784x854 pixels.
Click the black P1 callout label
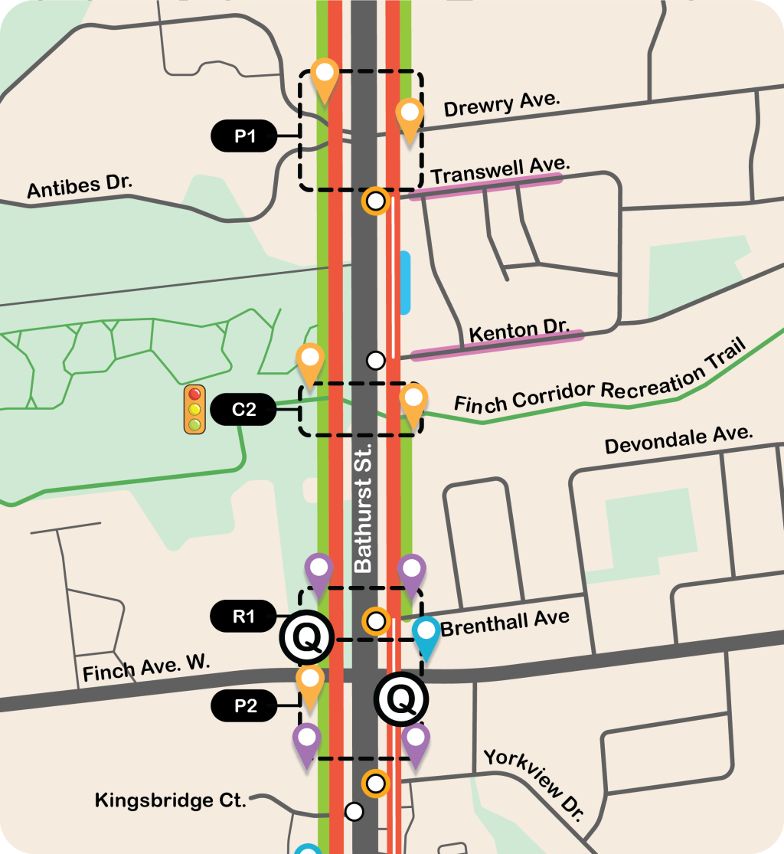(x=244, y=136)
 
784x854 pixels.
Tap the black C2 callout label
(x=244, y=411)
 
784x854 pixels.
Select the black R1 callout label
(x=244, y=614)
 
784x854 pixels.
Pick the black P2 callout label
(x=245, y=706)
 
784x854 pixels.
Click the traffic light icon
(x=195, y=410)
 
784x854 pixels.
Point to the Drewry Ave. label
(x=502, y=105)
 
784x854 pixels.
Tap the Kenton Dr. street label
(x=519, y=332)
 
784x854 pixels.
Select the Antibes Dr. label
(x=80, y=186)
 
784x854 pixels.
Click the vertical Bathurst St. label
(x=363, y=506)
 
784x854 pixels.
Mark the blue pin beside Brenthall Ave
(x=426, y=636)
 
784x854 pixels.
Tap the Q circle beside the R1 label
(x=307, y=638)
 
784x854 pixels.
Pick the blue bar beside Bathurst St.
(x=405, y=283)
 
